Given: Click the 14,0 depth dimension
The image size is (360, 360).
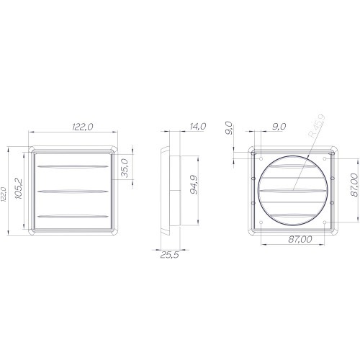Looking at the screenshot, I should tap(196, 126).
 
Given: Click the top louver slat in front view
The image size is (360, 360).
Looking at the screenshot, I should tap(73, 168).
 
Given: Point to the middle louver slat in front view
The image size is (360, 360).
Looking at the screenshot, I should tap(73, 192).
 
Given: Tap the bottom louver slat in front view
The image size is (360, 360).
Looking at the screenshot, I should tap(73, 215).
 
